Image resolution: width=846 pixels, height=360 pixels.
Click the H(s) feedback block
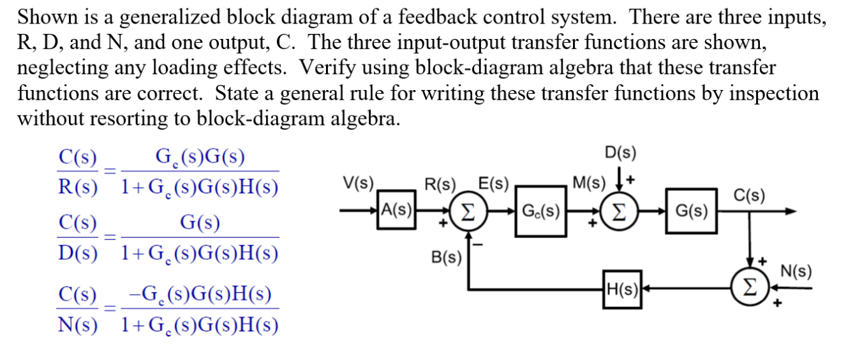click(623, 289)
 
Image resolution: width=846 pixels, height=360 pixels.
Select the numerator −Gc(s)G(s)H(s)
click(200, 294)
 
